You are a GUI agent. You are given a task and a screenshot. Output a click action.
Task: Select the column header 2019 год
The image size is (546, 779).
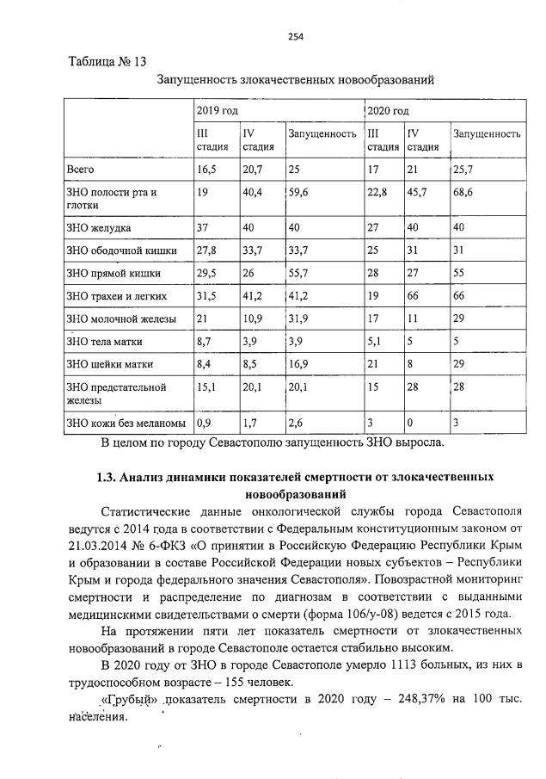pyautogui.click(x=217, y=111)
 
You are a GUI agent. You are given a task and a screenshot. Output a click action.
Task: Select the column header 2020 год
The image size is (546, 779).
pyautogui.click(x=388, y=111)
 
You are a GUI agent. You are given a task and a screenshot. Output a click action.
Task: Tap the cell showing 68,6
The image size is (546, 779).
pyautogui.click(x=463, y=193)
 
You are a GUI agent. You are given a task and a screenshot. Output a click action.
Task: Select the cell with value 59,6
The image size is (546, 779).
pyautogui.click(x=298, y=193)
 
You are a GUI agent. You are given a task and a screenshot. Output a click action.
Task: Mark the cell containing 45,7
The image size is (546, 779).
pyautogui.click(x=418, y=193)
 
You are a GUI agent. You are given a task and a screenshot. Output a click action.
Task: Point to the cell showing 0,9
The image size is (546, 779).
pyautogui.click(x=204, y=422)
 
